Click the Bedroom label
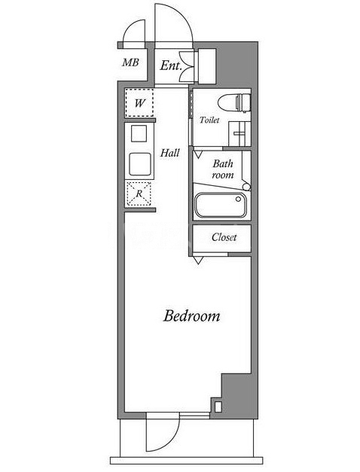click(x=191, y=316)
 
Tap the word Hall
click(x=170, y=153)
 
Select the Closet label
click(x=224, y=237)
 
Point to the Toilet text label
click(x=209, y=120)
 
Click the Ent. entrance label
click(x=171, y=65)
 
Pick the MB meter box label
click(x=130, y=62)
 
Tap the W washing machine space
click(x=139, y=103)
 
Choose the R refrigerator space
click(x=139, y=194)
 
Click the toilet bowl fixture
click(x=234, y=102)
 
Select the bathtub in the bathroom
click(x=221, y=205)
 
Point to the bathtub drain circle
click(x=238, y=199)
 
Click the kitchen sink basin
click(x=140, y=164)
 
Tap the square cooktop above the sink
click(x=139, y=134)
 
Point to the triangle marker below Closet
click(x=198, y=260)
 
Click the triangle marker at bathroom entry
click(x=198, y=155)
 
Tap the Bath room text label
click(x=223, y=169)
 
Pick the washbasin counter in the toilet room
click(x=239, y=134)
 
